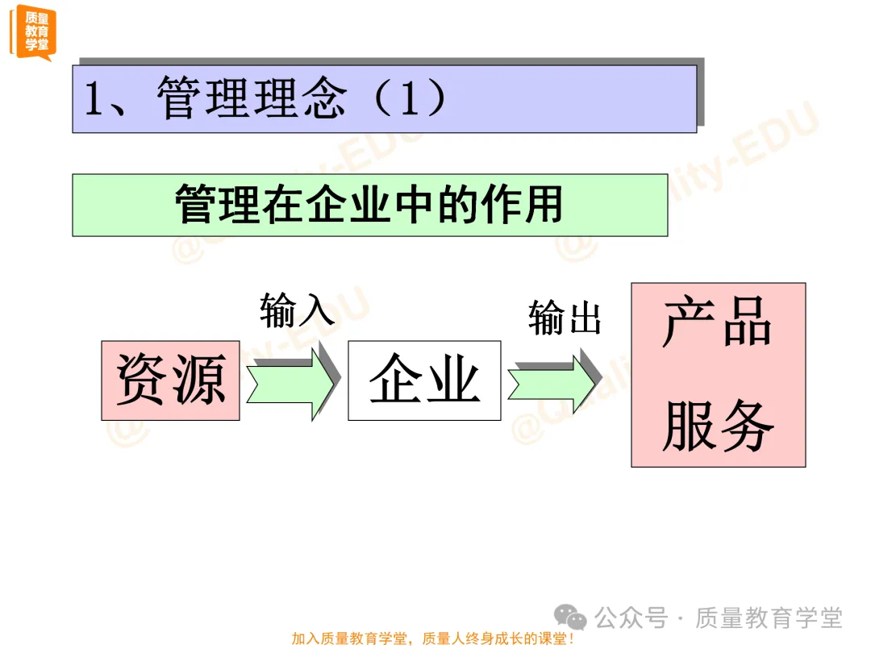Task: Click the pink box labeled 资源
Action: point(170,381)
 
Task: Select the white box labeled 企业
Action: point(424,381)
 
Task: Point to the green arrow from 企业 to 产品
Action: point(553,381)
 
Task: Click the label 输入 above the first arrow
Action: point(297,310)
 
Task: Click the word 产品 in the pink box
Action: point(717,324)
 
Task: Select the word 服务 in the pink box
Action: point(717,425)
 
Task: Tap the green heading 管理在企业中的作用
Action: point(369,205)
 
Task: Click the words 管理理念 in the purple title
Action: point(252,100)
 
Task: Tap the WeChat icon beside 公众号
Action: point(575,619)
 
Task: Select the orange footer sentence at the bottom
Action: point(433,639)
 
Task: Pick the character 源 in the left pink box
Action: point(198,381)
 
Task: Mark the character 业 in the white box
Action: point(453,381)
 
